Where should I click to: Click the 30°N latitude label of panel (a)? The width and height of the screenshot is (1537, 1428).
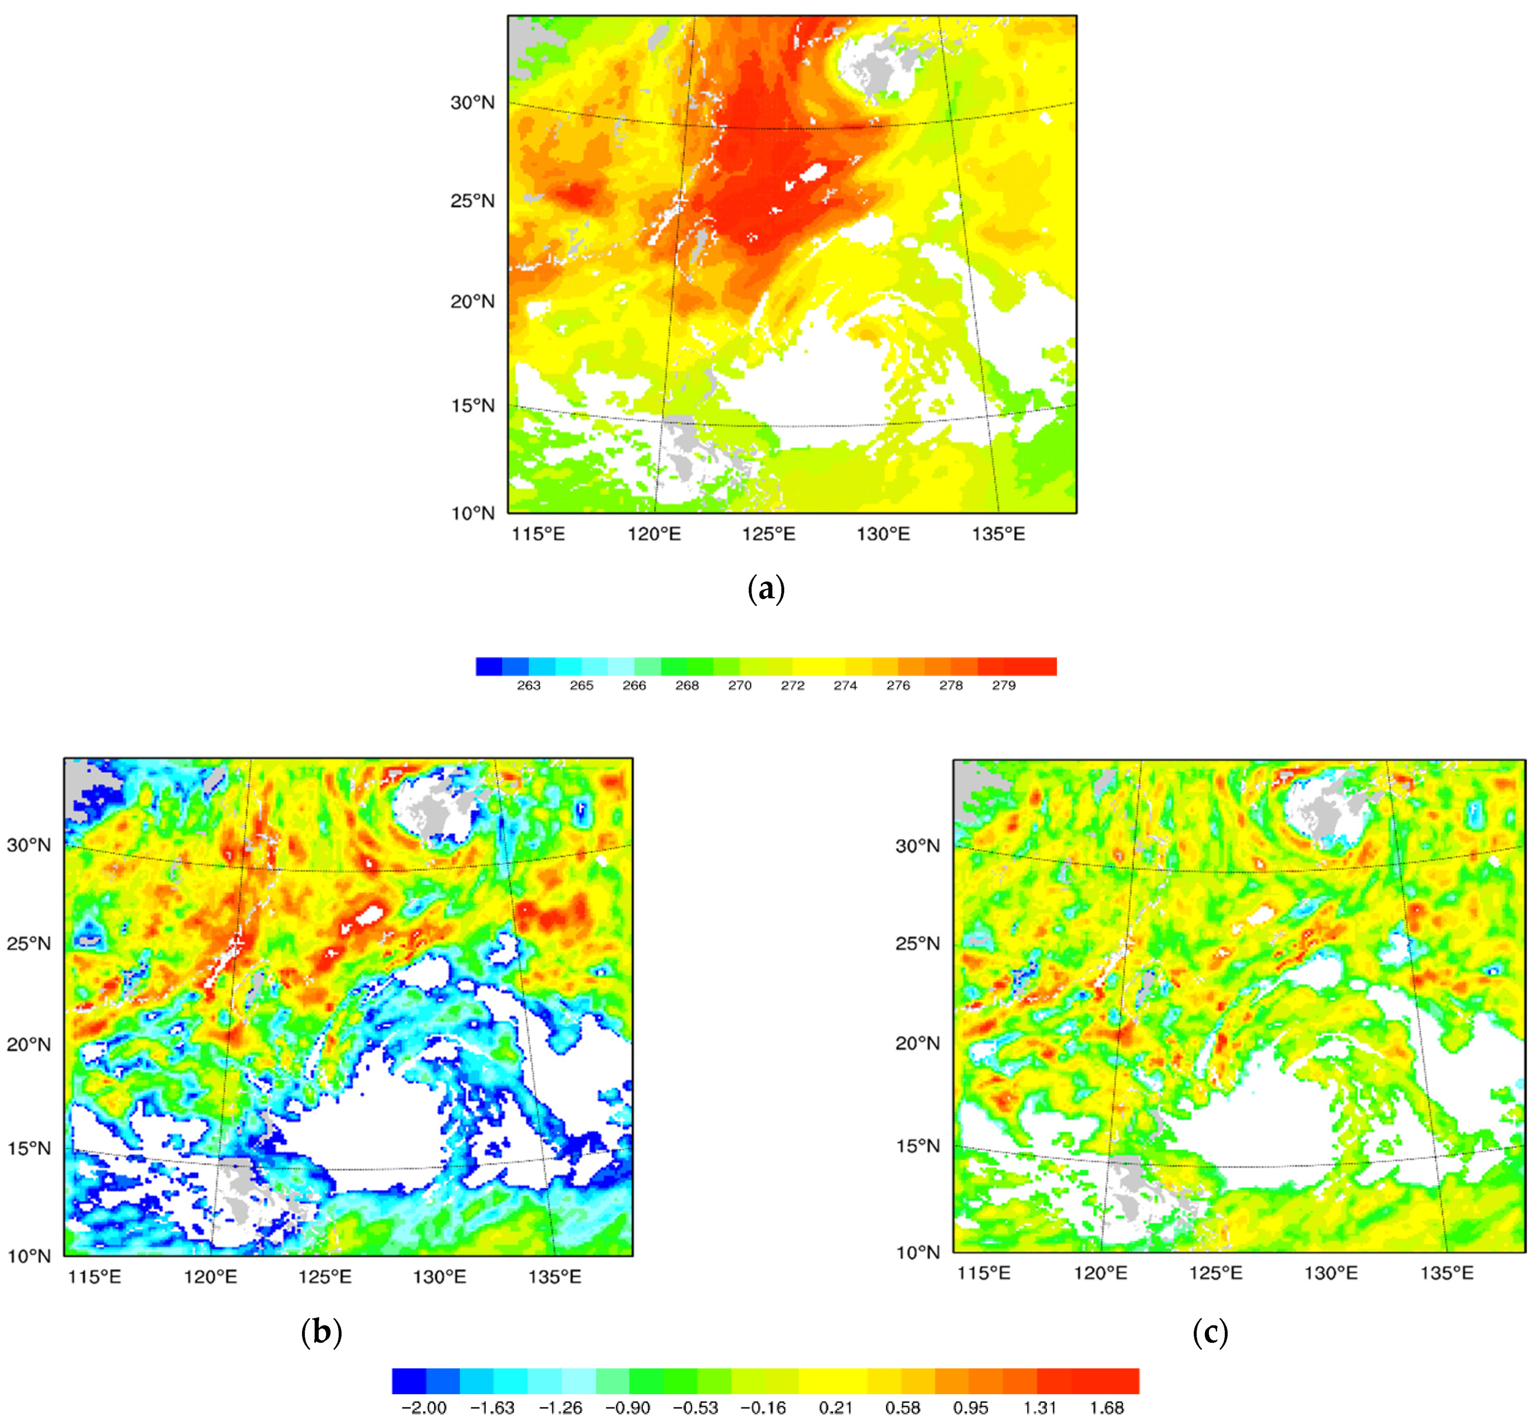[472, 103]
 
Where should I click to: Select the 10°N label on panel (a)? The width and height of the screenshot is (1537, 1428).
[472, 513]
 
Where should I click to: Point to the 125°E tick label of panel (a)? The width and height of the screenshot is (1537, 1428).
[768, 534]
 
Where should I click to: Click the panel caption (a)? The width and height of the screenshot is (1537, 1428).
[767, 589]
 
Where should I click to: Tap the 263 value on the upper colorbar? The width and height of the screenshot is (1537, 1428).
[529, 685]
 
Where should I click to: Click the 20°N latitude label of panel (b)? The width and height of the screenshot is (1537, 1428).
[28, 1045]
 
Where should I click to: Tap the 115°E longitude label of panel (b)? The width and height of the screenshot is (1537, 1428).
[94, 1277]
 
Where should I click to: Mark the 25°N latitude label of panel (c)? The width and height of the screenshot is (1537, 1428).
[917, 943]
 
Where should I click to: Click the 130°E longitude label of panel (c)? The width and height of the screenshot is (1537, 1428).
[1331, 1273]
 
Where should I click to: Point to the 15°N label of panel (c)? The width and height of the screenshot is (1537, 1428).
[917, 1146]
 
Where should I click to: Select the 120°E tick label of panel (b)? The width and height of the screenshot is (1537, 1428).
[210, 1277]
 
